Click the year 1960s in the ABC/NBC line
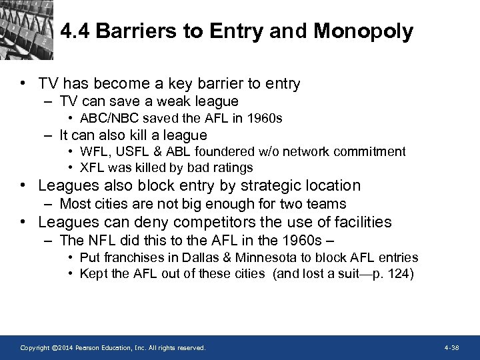[265, 119]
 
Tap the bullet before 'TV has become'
[24, 85]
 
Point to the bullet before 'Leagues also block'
[24, 186]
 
